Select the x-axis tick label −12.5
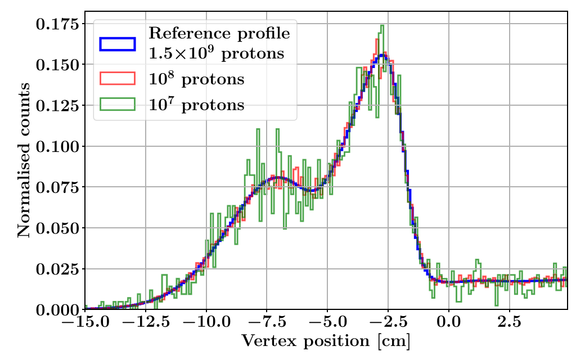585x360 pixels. pyautogui.click(x=145, y=324)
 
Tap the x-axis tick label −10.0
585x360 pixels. pyautogui.click(x=206, y=324)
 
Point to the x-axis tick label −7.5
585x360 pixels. pyautogui.click(x=267, y=324)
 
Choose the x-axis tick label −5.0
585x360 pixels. pyautogui.click(x=327, y=324)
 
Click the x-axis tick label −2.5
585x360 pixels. pyautogui.click(x=388, y=324)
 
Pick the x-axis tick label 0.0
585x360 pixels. pyautogui.click(x=449, y=324)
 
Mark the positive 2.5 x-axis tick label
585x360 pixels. pyautogui.click(x=510, y=324)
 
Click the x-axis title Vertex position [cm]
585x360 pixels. pyautogui.click(x=326, y=341)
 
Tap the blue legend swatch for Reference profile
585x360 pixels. pyautogui.click(x=118, y=43)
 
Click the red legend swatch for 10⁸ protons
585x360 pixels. pyautogui.click(x=118, y=79)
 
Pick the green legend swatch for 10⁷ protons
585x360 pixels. pyautogui.click(x=118, y=104)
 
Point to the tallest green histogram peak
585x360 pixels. pyautogui.click(x=382, y=26)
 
